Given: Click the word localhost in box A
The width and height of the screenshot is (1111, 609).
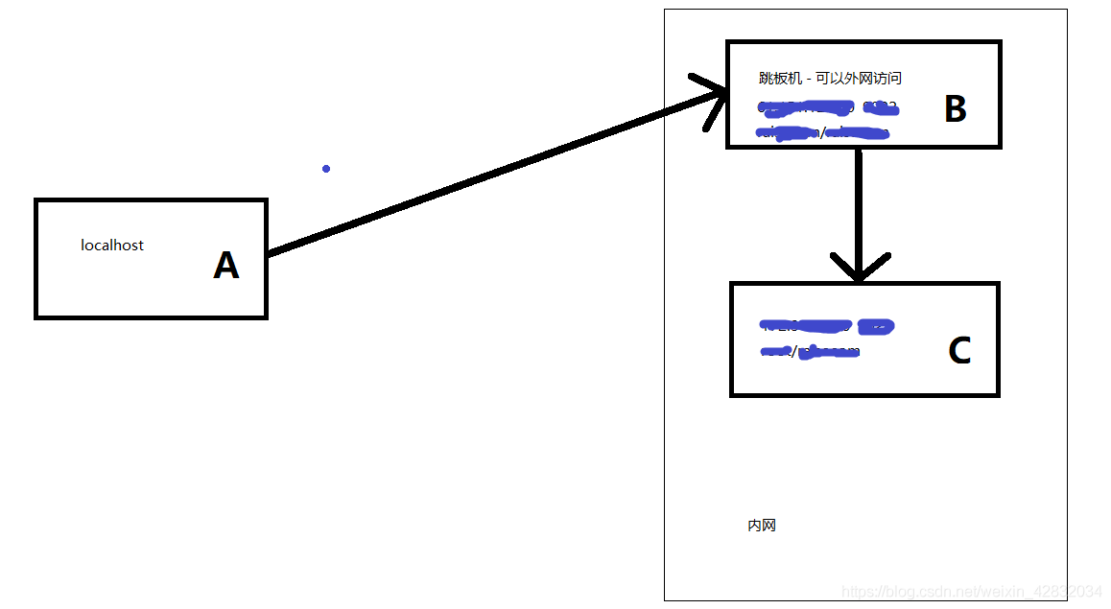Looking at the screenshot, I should [x=112, y=246].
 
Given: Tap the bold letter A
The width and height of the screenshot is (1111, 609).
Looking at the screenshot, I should [x=225, y=266].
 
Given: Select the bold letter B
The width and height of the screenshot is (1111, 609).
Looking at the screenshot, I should [x=955, y=109].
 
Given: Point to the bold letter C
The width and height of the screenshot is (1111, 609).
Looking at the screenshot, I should [x=958, y=351].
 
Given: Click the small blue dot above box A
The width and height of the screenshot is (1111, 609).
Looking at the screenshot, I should [x=326, y=169].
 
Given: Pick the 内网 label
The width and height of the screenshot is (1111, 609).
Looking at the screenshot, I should [x=762, y=526].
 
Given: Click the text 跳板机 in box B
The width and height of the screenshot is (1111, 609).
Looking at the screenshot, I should [x=780, y=79].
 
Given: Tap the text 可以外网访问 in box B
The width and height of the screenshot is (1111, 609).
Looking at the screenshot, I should [x=859, y=79].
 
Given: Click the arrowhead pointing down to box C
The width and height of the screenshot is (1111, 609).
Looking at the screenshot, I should [x=859, y=269].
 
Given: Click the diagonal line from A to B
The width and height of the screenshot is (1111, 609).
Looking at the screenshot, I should [x=480, y=177].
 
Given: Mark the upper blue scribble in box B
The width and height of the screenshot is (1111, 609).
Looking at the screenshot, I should [x=825, y=107].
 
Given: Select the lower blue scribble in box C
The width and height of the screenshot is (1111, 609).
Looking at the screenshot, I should [x=811, y=351].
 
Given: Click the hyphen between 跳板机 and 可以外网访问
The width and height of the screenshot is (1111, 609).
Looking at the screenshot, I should [x=809, y=79].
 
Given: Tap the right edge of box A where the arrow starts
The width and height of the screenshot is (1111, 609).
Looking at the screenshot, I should [x=266, y=254].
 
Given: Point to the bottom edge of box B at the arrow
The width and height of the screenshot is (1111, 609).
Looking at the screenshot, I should [x=859, y=147].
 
